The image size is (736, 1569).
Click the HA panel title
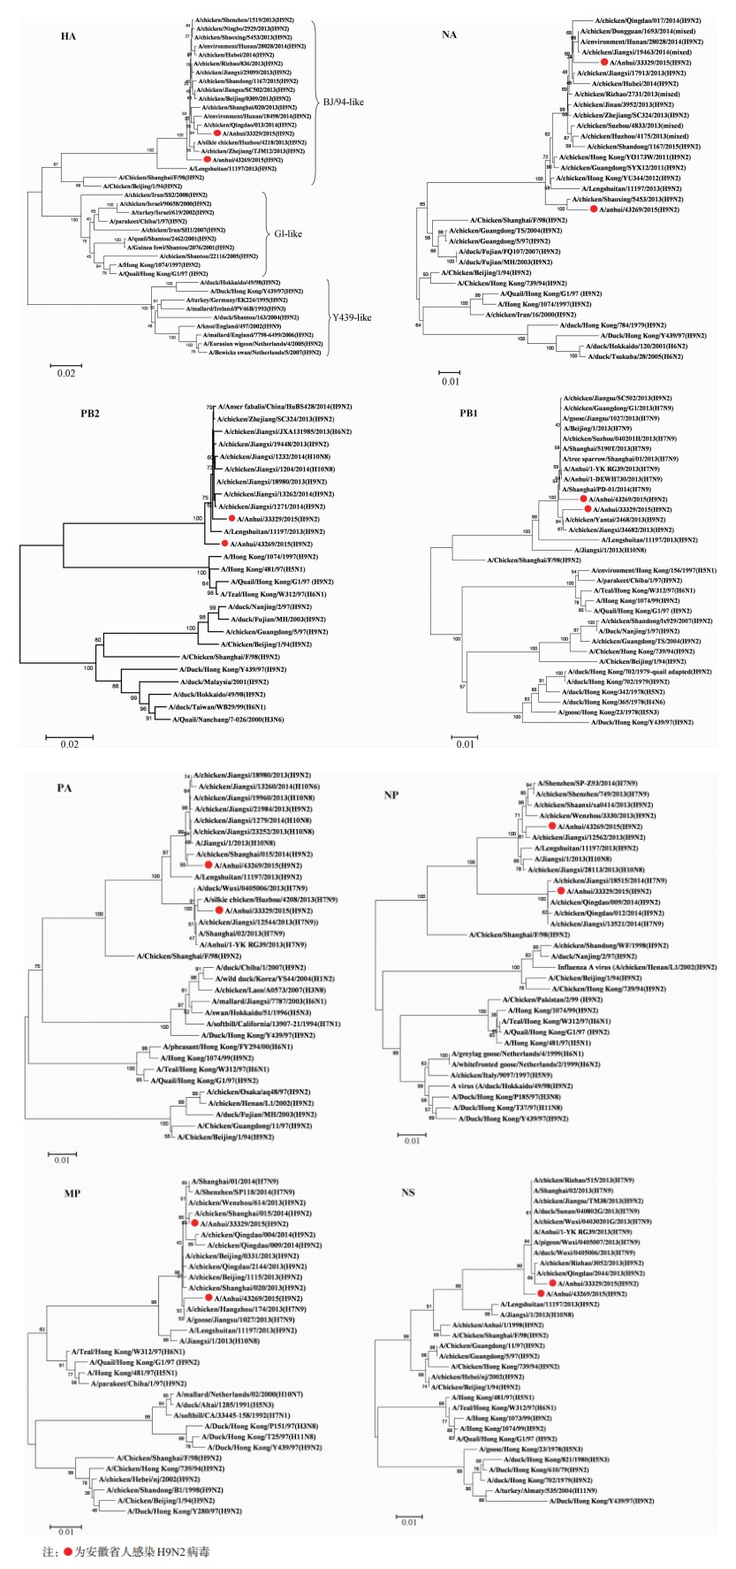click(67, 36)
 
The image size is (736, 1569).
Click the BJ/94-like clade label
click(345, 102)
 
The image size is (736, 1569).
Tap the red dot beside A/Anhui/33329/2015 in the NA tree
click(603, 64)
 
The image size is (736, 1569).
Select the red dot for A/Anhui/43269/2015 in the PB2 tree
click(224, 544)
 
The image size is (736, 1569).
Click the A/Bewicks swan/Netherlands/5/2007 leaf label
click(266, 353)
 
